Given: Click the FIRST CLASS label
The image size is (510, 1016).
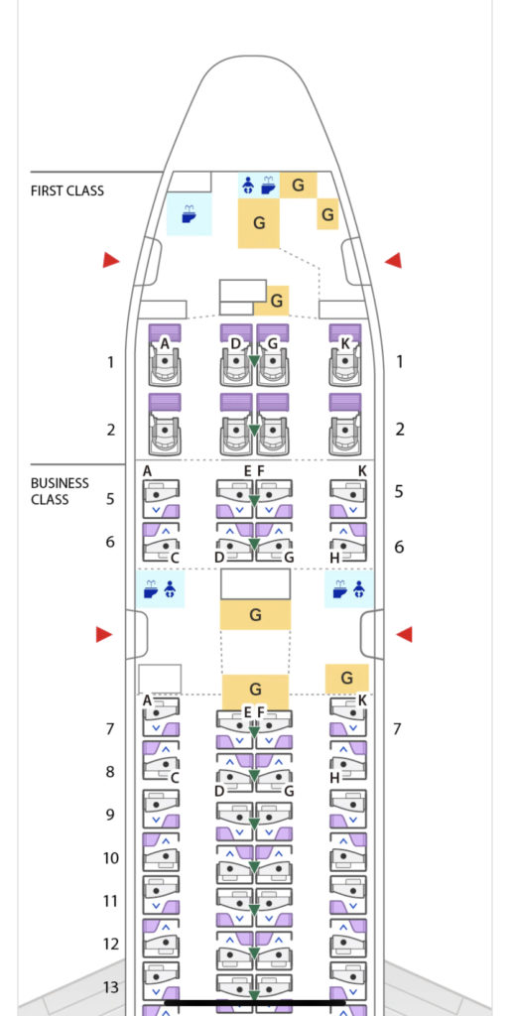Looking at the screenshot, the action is click(x=66, y=191).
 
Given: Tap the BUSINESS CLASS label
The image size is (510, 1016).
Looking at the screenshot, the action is click(x=60, y=491).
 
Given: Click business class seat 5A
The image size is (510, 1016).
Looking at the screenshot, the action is click(x=161, y=499).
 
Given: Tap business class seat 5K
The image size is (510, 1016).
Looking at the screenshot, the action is click(x=348, y=499).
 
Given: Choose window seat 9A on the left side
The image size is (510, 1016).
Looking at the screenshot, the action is click(x=161, y=810).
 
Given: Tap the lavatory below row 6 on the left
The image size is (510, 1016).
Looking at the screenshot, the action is click(x=160, y=589).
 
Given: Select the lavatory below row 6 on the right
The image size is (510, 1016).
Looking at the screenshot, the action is click(x=349, y=589).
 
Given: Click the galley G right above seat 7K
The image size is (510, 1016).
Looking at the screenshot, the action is click(x=346, y=678).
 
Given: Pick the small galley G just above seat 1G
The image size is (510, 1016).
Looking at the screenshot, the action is click(x=277, y=301).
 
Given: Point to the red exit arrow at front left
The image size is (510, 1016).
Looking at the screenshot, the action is click(x=111, y=261).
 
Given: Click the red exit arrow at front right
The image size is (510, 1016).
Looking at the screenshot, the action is click(x=393, y=261).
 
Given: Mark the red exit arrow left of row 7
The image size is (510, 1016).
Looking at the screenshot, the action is click(x=104, y=634).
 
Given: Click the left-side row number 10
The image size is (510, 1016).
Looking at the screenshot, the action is click(x=111, y=858).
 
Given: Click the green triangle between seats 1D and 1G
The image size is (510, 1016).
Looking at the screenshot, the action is click(x=254, y=361).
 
